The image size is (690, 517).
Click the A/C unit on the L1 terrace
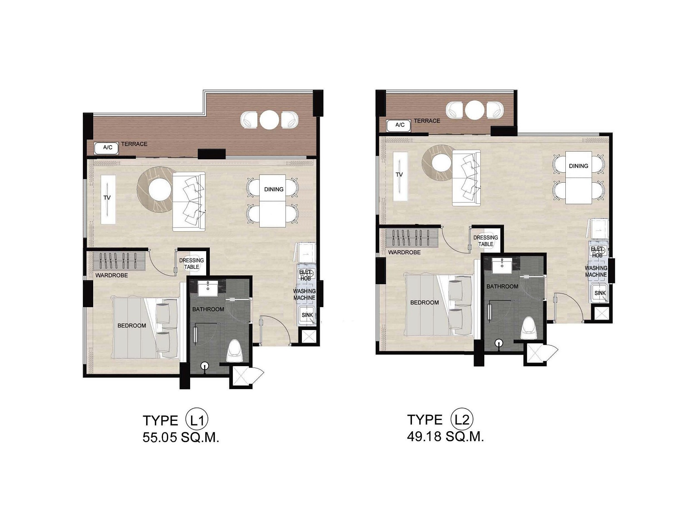point(107,147)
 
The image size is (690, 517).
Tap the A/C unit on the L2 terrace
point(398,125)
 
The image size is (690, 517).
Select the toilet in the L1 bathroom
point(234,351)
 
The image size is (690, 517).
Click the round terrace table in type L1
point(269,120)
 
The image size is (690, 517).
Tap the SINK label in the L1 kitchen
point(307,315)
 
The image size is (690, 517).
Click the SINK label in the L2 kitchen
point(600,293)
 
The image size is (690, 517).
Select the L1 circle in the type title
point(197,420)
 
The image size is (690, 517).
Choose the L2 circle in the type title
point(462,419)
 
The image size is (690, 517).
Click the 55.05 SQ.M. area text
point(181,438)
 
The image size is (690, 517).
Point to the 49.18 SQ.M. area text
point(445,436)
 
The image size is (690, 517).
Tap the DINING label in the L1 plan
point(274,189)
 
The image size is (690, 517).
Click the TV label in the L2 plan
point(399,174)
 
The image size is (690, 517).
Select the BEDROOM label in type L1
point(132,326)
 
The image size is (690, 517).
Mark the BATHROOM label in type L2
point(502,286)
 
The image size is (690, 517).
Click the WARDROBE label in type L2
point(404,252)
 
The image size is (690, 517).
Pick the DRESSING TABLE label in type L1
point(191,264)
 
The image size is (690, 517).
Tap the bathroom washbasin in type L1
point(207,288)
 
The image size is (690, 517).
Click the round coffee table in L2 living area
point(442,163)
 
